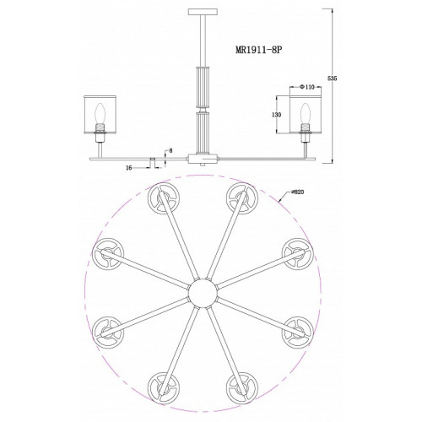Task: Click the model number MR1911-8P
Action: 258,50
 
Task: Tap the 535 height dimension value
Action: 333,78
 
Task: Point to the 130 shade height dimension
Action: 277,115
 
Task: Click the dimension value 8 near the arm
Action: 170,151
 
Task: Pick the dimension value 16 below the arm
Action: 129,168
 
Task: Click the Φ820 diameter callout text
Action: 298,192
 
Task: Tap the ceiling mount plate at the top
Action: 203,12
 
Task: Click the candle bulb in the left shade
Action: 100,114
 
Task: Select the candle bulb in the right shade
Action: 305,114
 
